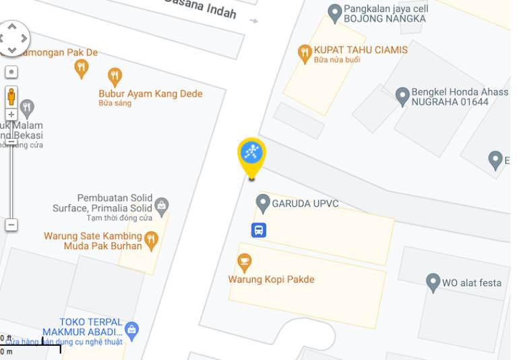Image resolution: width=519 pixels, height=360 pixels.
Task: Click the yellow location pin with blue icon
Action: pyautogui.click(x=252, y=154)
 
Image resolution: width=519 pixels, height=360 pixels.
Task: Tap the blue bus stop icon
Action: pyautogui.click(x=259, y=231)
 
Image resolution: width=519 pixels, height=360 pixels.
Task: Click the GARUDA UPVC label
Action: pyautogui.click(x=305, y=204)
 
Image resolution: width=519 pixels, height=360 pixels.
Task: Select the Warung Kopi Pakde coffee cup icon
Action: pyautogui.click(x=245, y=262)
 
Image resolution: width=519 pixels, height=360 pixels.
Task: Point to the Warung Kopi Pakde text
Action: pyautogui.click(x=271, y=280)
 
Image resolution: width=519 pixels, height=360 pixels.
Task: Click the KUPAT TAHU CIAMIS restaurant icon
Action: pyautogui.click(x=305, y=52)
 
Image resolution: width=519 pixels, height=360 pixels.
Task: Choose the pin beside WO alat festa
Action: pyautogui.click(x=433, y=282)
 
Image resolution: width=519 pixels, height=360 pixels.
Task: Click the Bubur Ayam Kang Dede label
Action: pyautogui.click(x=150, y=94)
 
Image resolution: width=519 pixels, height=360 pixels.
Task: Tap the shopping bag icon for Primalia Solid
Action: pyautogui.click(x=162, y=205)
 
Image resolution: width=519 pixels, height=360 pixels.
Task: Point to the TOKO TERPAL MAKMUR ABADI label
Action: pyautogui.click(x=82, y=327)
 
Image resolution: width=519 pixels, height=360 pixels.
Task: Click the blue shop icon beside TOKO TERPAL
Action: pyautogui.click(x=132, y=330)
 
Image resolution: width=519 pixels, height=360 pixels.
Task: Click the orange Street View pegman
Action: pyautogui.click(x=11, y=96)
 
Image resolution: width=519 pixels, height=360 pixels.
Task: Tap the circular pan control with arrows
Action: pyautogui.click(x=13, y=38)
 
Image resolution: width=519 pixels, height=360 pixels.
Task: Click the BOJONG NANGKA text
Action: pyautogui.click(x=385, y=19)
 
